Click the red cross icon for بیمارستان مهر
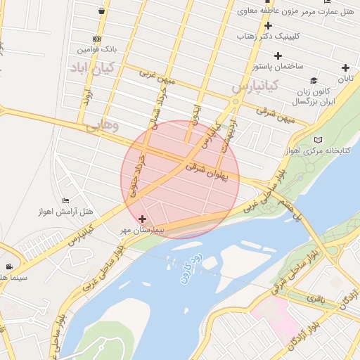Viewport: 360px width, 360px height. point(143,219)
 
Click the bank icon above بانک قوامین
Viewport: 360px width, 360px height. point(96,39)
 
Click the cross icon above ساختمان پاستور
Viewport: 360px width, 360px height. point(278,55)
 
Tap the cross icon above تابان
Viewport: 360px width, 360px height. point(345,68)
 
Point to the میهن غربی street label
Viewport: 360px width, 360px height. point(156,77)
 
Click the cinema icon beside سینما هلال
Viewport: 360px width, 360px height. point(9,266)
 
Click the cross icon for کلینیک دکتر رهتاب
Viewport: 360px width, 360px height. point(268,25)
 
